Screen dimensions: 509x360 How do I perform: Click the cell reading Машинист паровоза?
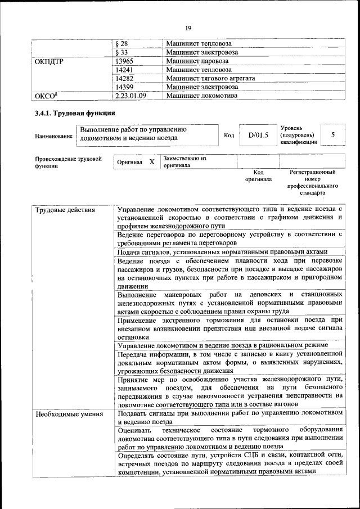click(x=197, y=61)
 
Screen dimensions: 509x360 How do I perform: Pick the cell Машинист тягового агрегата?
click(x=211, y=78)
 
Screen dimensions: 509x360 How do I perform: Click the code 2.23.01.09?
click(x=130, y=96)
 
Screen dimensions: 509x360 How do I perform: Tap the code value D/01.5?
click(x=258, y=135)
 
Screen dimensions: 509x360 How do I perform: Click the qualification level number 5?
click(x=333, y=135)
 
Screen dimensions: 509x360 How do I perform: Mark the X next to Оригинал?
click(x=151, y=162)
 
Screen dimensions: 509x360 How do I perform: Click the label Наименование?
click(x=53, y=136)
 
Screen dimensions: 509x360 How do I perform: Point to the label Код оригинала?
click(x=258, y=175)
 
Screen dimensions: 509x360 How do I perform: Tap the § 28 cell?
click(x=121, y=43)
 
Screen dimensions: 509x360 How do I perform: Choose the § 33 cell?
click(x=121, y=52)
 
